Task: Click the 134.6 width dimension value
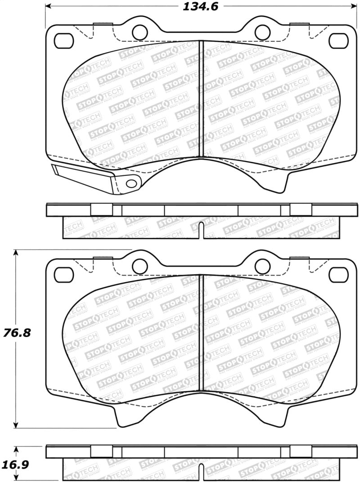[x=198, y=7]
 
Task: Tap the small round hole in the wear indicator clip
[x=131, y=183]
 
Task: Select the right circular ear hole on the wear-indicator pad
[x=261, y=31]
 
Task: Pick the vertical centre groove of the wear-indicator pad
[x=201, y=99]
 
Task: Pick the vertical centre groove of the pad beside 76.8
[x=201, y=333]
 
